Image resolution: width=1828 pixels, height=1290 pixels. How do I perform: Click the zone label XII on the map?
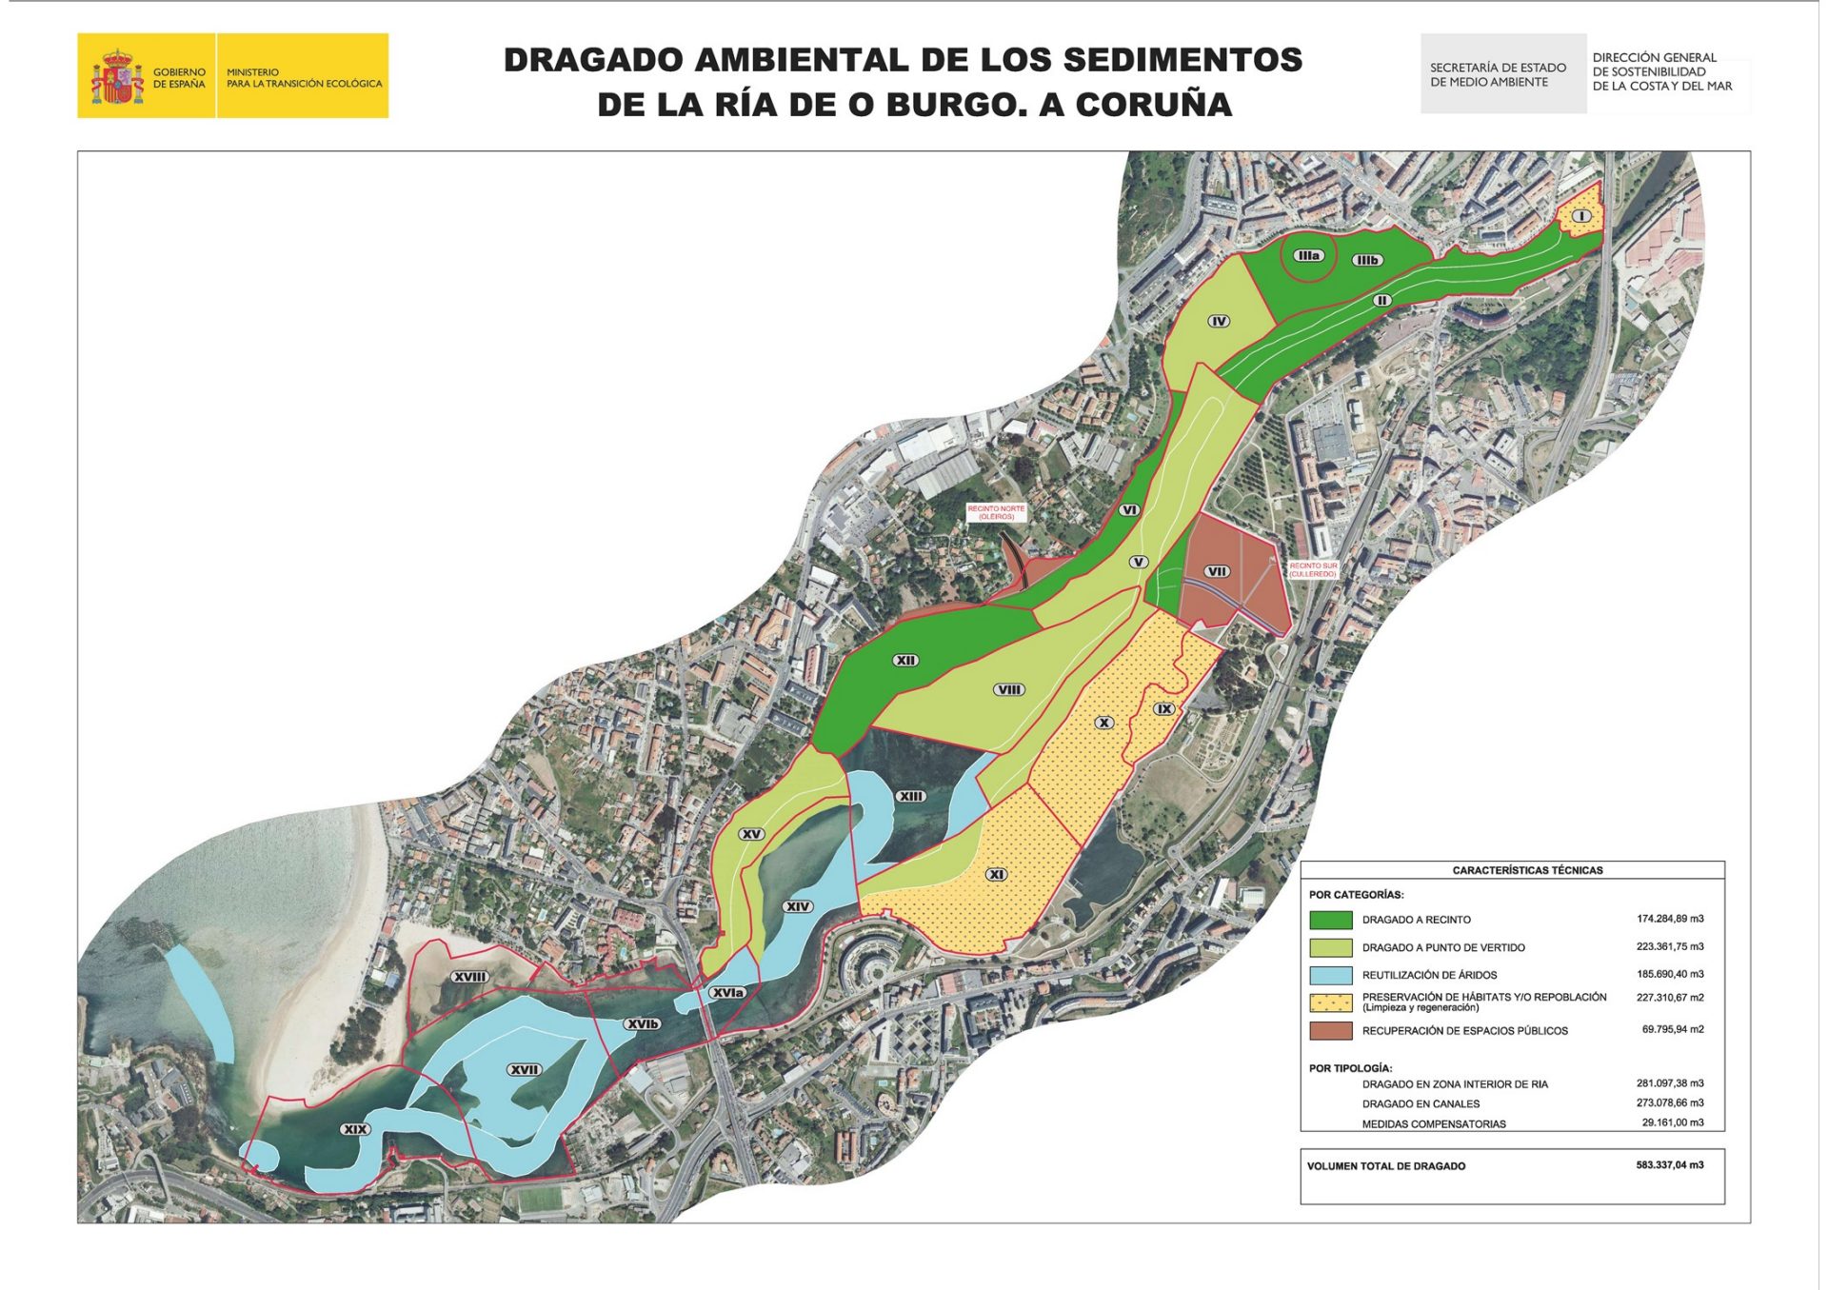[905, 660]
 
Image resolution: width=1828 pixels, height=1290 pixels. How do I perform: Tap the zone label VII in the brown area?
[1217, 571]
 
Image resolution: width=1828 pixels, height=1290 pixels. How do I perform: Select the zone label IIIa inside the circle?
[1309, 255]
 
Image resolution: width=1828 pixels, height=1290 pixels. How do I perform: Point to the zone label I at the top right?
[1581, 216]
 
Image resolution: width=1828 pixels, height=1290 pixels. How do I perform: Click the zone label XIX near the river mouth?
[354, 1129]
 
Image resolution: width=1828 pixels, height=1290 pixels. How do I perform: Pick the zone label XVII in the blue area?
[525, 1069]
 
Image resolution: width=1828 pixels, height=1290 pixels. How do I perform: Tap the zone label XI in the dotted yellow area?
[996, 874]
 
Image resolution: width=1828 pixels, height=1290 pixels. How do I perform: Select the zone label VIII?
[1009, 689]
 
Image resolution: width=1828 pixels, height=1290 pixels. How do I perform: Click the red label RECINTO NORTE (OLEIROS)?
[996, 512]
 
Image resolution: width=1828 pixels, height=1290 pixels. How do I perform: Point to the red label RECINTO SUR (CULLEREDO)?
[1313, 569]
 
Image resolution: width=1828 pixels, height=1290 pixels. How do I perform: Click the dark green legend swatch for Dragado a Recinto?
[1330, 920]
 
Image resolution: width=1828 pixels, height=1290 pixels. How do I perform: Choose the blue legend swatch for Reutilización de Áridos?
[1330, 975]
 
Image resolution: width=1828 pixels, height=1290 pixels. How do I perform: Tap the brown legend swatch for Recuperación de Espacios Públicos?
[1330, 1030]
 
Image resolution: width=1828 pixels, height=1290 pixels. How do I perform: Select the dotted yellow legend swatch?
[1330, 1002]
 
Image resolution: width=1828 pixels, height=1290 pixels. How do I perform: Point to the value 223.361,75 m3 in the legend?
[1671, 946]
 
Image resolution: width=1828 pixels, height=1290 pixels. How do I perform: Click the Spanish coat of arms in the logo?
[116, 77]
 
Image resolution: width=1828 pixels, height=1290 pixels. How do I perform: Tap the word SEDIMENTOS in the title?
[1182, 60]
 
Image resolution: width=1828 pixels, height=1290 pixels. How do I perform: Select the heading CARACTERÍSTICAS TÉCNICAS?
[1527, 870]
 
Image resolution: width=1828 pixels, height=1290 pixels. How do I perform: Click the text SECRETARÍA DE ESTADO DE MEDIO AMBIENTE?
[1497, 74]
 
